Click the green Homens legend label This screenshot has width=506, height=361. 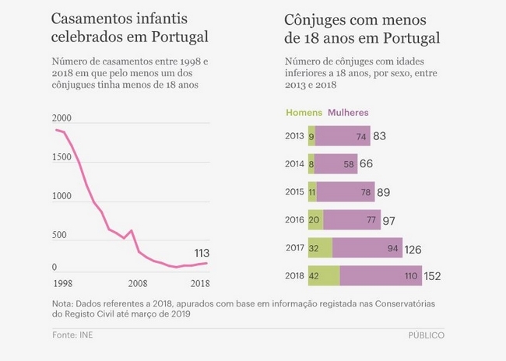point(304,113)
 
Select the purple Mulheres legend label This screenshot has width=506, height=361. point(348,113)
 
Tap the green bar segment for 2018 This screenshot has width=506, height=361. point(324,275)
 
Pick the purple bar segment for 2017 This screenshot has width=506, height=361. point(367,248)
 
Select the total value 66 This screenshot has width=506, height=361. point(366,164)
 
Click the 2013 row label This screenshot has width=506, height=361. point(294,136)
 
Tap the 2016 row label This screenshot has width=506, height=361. point(294,220)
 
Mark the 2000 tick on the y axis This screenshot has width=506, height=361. point(62,118)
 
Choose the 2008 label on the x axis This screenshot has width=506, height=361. point(137,283)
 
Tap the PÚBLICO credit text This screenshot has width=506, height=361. point(427,335)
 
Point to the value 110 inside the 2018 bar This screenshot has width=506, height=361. point(409,276)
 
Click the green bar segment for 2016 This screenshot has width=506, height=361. point(315,220)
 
